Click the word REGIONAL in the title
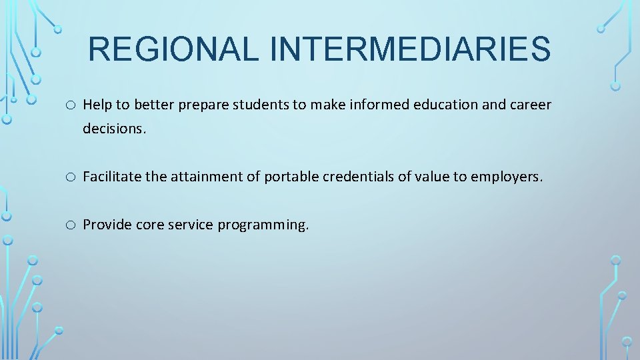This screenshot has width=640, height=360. click(173, 49)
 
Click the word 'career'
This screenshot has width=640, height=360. click(529, 105)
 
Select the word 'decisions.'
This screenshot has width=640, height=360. click(114, 129)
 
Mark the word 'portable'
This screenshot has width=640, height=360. click(291, 177)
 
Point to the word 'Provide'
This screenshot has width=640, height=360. click(107, 225)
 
